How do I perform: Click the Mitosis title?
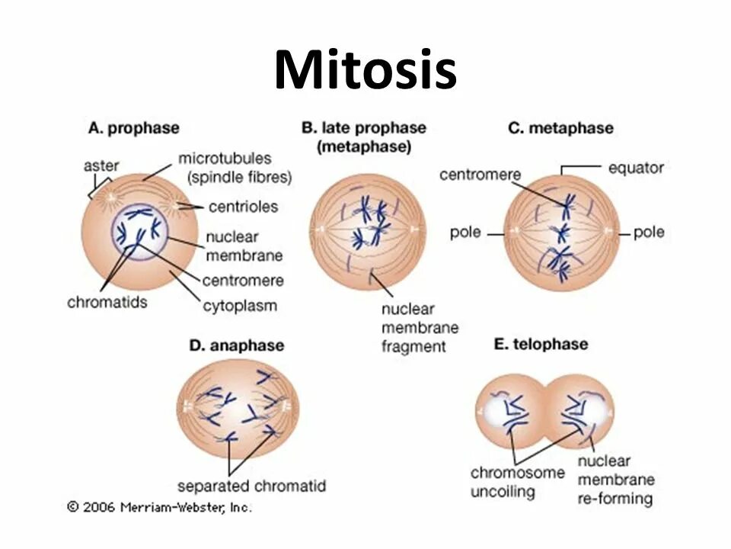click(x=365, y=70)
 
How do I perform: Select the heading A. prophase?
click(x=134, y=128)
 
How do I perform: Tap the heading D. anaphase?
click(x=236, y=345)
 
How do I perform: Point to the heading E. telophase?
click(x=541, y=344)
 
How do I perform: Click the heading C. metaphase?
click(x=560, y=128)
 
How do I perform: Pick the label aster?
click(x=101, y=165)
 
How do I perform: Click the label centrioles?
click(x=242, y=206)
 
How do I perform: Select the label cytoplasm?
click(x=240, y=307)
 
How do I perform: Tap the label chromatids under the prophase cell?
click(x=107, y=302)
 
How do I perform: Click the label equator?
click(x=637, y=167)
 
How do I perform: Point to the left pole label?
click(x=465, y=232)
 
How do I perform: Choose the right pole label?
click(x=649, y=232)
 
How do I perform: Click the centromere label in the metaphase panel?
click(x=480, y=175)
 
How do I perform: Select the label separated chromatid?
click(x=251, y=486)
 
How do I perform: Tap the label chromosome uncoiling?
click(x=518, y=481)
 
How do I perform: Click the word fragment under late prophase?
click(x=413, y=346)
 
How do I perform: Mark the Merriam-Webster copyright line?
click(x=159, y=507)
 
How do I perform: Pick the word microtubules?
click(x=225, y=159)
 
